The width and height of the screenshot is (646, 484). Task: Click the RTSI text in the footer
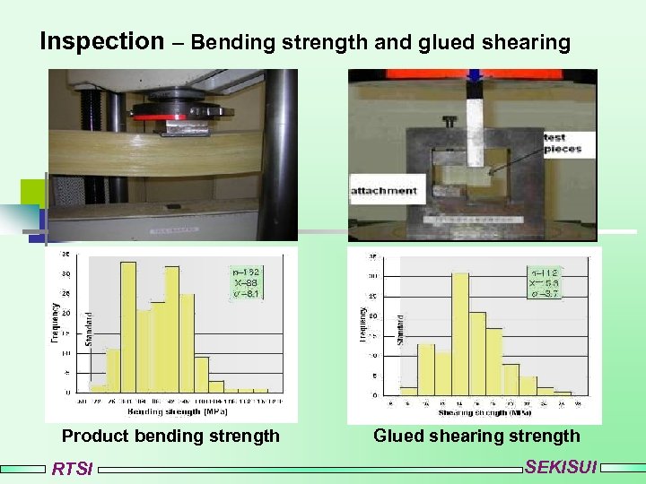point(72,469)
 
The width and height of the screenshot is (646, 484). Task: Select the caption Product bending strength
point(170,436)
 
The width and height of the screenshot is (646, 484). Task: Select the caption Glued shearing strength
point(476,436)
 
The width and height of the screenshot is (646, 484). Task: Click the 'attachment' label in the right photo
point(383,191)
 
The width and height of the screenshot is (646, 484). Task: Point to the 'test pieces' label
point(562,143)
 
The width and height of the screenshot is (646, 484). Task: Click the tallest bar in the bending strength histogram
point(128,327)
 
